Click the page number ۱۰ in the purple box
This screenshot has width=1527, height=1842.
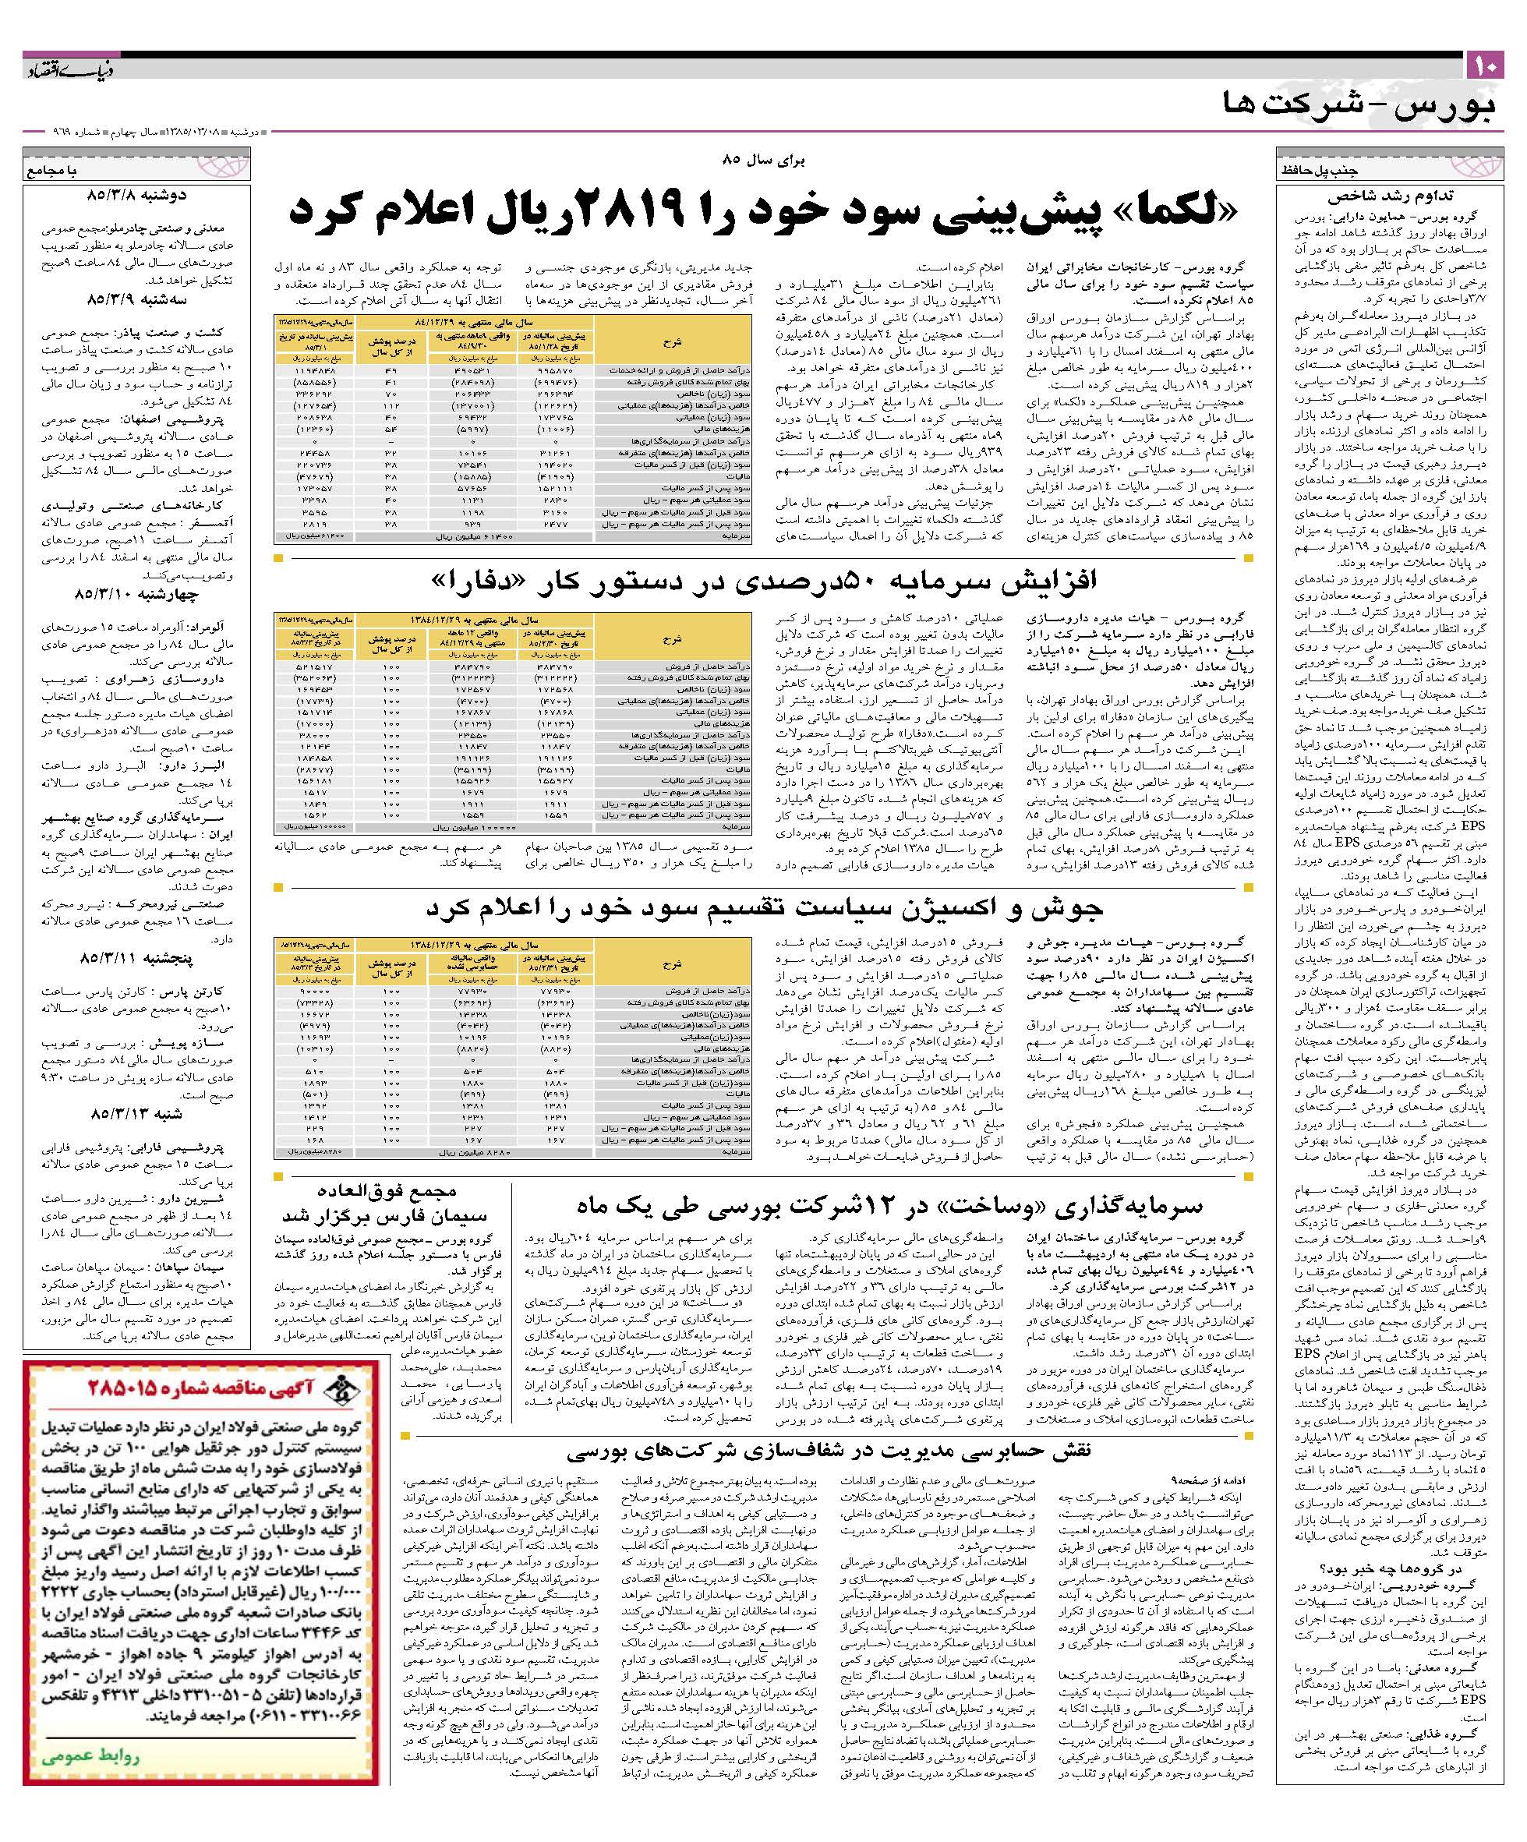1484,65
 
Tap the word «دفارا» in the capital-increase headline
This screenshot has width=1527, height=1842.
475,580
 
